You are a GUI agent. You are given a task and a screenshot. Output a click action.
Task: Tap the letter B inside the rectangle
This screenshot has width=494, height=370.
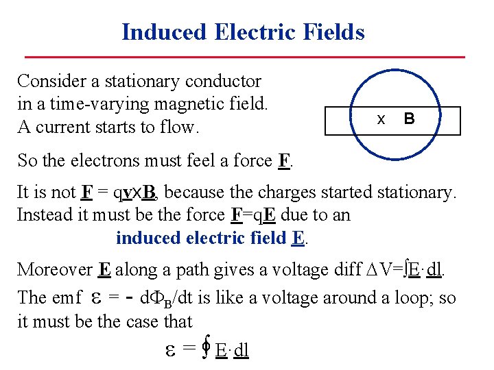click(x=409, y=119)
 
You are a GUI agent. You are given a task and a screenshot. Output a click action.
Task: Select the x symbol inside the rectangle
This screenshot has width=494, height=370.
click(x=381, y=119)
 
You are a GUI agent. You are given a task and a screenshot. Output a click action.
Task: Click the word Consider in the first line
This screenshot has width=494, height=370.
click(x=51, y=81)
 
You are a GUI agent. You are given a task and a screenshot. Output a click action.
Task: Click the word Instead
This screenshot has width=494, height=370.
click(x=43, y=214)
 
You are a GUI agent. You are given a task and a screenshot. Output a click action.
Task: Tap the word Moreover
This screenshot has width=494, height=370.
click(x=54, y=269)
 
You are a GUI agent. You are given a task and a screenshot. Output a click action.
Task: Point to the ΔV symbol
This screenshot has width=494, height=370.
click(x=382, y=269)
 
